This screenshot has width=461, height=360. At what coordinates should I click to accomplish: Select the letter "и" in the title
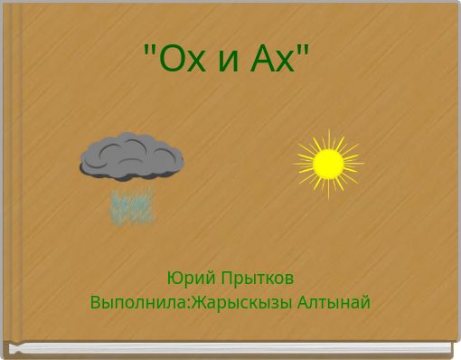point(229,62)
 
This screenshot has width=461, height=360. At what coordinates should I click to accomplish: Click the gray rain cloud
point(132,156)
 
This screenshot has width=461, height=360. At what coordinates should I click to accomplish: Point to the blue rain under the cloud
point(132,206)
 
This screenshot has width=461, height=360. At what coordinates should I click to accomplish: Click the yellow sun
point(328,164)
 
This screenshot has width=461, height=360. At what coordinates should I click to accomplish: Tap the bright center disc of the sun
point(328,164)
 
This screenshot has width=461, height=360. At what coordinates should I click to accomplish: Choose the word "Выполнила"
point(136,302)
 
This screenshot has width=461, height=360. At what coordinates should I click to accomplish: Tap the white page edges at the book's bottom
point(230,347)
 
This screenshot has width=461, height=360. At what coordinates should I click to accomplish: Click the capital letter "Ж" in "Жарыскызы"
point(197,301)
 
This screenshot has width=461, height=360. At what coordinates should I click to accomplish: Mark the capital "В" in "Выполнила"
point(95,301)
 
